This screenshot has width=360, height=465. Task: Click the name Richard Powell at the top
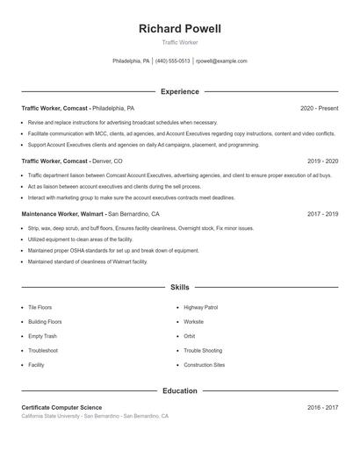pyautogui.click(x=179, y=29)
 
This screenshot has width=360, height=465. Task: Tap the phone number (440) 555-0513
pyautogui.click(x=173, y=61)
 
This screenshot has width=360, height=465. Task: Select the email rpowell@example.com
pyautogui.click(x=221, y=61)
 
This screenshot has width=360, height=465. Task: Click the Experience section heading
pyautogui.click(x=179, y=91)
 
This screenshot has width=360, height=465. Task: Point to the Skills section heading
pyautogui.click(x=179, y=287)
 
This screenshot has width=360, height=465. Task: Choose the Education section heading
pyautogui.click(x=179, y=391)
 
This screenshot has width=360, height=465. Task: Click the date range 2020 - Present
pyautogui.click(x=319, y=108)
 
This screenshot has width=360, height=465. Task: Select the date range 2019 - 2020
pyautogui.click(x=322, y=161)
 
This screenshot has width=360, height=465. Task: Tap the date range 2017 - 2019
pyautogui.click(x=322, y=214)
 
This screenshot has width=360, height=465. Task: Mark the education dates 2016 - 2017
pyautogui.click(x=322, y=408)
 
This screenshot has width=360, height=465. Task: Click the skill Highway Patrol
pyautogui.click(x=200, y=308)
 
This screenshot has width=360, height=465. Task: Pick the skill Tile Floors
pyautogui.click(x=40, y=308)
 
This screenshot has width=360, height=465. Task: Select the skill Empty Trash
pyautogui.click(x=42, y=336)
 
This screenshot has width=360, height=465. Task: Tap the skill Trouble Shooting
pyautogui.click(x=203, y=350)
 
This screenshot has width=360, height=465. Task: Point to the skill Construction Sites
pyautogui.click(x=205, y=364)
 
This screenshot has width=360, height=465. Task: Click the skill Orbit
pyautogui.click(x=190, y=336)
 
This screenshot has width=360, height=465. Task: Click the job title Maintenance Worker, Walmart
pyautogui.click(x=62, y=214)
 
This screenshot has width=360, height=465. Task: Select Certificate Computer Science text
pyautogui.click(x=61, y=408)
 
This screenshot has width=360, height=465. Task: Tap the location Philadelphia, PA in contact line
pyautogui.click(x=132, y=61)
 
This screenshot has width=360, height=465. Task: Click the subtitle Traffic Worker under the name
pyautogui.click(x=179, y=43)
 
